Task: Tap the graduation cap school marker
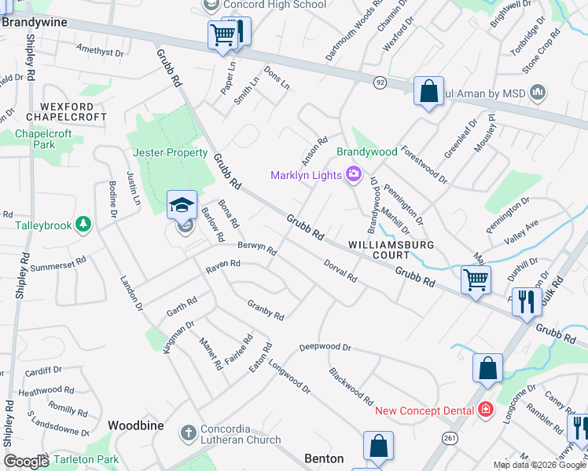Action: (182, 206)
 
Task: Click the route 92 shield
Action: (380, 82)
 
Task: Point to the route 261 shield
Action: (449, 436)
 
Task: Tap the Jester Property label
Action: (170, 153)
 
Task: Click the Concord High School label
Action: (274, 5)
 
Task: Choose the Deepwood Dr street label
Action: (325, 346)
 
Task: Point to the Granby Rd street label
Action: (265, 309)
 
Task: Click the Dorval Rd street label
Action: (340, 271)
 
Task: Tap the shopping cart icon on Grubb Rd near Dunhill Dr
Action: (476, 279)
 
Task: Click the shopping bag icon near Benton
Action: (378, 446)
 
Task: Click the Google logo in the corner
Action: (26, 462)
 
